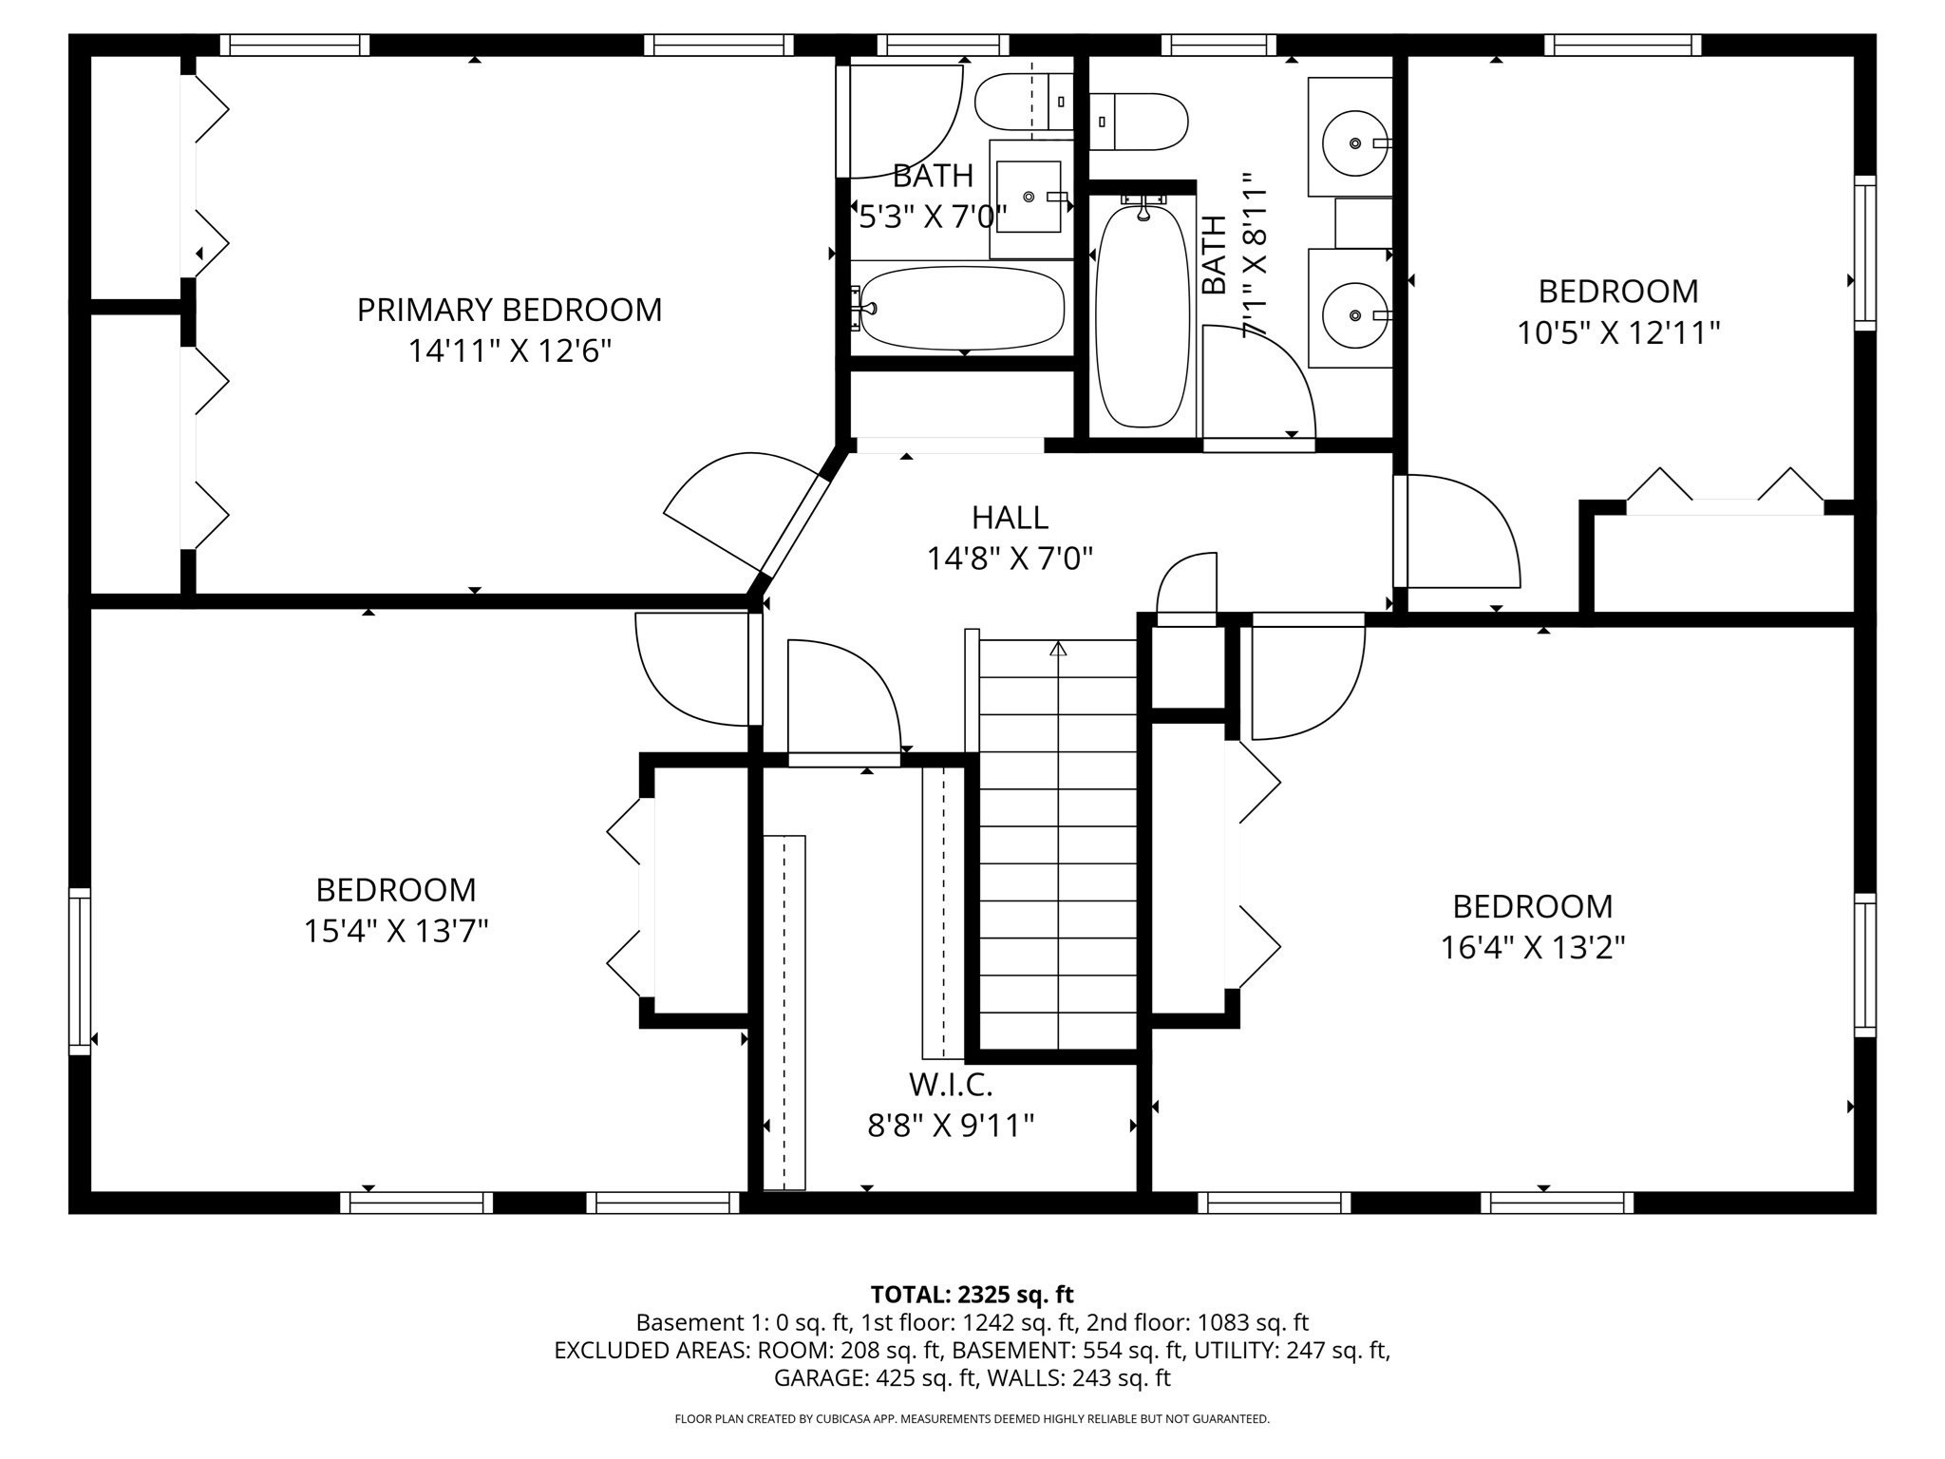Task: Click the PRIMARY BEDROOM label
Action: coord(509,310)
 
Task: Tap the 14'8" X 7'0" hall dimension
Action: coord(1010,559)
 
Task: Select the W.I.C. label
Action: coord(950,1084)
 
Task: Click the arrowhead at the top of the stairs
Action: coord(1058,649)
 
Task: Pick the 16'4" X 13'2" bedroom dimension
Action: coord(1532,948)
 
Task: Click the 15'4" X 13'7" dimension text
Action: coord(395,931)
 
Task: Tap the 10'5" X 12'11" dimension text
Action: coord(1617,333)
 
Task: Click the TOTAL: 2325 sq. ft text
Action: coord(972,1294)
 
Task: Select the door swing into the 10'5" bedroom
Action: coord(1463,532)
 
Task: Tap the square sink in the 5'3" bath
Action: coord(1028,197)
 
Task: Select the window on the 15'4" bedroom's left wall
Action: coord(80,971)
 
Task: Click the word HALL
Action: coord(1010,518)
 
